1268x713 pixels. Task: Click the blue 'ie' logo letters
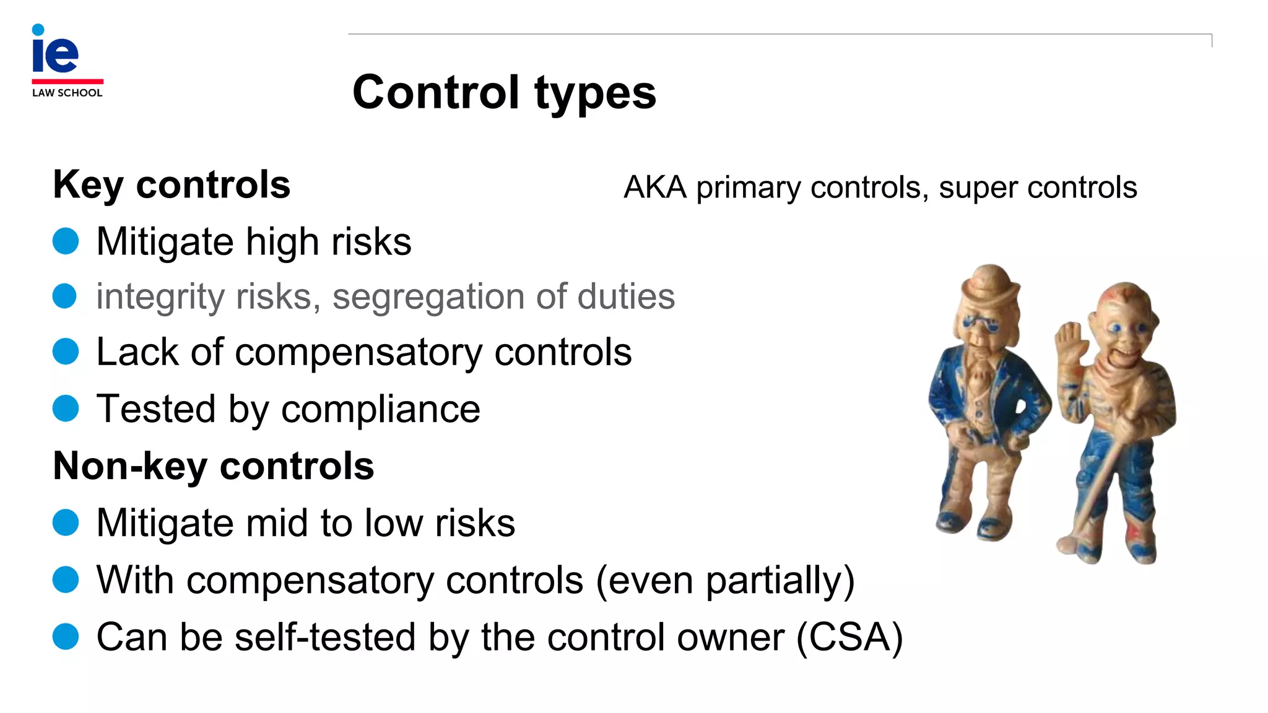tap(55, 53)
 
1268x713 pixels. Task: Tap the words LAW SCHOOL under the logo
tap(67, 93)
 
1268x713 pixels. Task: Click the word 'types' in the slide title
tap(594, 93)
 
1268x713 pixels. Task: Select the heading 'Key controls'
tap(172, 184)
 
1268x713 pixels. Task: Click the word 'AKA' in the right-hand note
tap(655, 187)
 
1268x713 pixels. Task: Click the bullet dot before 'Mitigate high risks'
tap(65, 241)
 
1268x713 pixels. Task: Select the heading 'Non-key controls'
tap(214, 465)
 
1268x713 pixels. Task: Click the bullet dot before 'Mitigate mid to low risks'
tap(65, 522)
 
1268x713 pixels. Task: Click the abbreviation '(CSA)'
tap(849, 637)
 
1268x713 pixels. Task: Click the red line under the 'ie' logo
tap(67, 81)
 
